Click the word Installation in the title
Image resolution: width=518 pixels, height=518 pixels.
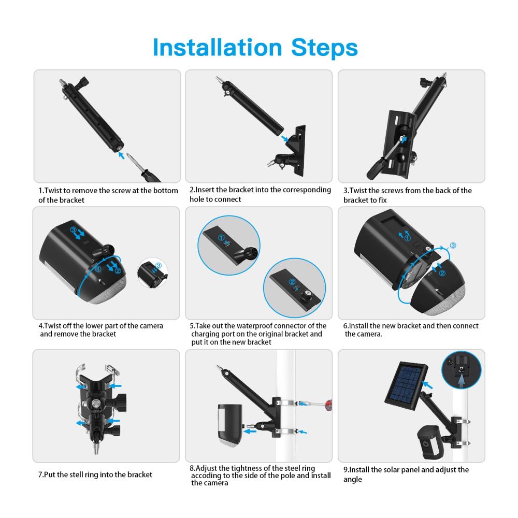pos(218,48)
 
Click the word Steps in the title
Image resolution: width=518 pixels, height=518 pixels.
pos(324,48)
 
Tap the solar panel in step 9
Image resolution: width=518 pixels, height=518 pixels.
pos(406,385)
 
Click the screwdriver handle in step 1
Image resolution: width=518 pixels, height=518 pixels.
pos(150,176)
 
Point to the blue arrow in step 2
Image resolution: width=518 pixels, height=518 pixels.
pos(284,138)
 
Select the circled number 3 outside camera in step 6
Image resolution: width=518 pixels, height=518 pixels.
pos(453,246)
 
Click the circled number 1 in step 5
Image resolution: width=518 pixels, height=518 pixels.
pos(221,238)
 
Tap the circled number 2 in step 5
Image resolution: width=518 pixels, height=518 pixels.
pos(292,282)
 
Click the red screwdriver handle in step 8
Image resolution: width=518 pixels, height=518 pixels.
pos(328,405)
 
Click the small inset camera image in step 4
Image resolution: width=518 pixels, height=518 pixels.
pos(152,273)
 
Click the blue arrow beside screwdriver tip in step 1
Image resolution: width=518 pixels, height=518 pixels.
pos(122,155)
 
